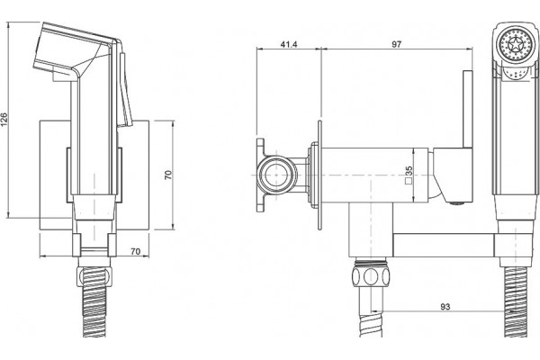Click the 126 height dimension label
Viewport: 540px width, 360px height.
point(4,119)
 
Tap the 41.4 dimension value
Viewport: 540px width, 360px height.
point(289,44)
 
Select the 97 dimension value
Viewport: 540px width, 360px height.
point(396,44)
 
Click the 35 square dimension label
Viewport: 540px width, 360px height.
point(409,172)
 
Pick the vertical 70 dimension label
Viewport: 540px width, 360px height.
point(168,175)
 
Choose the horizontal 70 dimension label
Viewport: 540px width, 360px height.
point(135,251)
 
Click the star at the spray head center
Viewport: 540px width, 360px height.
point(516,45)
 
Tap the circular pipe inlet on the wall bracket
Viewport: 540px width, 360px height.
point(276,175)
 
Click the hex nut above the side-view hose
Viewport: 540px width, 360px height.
point(371,276)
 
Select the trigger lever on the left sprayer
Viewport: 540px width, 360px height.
point(125,90)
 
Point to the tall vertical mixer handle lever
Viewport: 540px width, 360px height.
point(468,110)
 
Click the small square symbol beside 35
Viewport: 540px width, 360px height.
point(409,182)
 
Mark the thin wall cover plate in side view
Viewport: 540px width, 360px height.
point(319,175)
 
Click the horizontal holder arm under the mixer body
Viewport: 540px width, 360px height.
point(445,246)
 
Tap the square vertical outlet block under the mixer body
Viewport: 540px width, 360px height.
point(371,229)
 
